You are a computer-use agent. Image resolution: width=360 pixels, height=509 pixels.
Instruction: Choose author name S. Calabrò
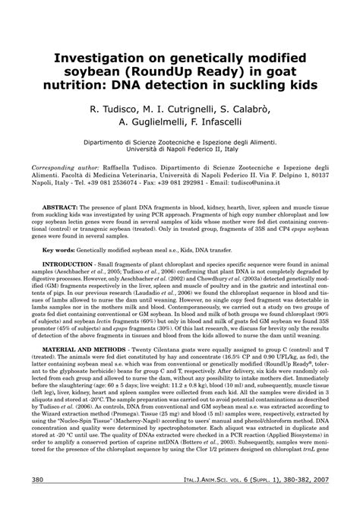(x=254, y=109)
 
